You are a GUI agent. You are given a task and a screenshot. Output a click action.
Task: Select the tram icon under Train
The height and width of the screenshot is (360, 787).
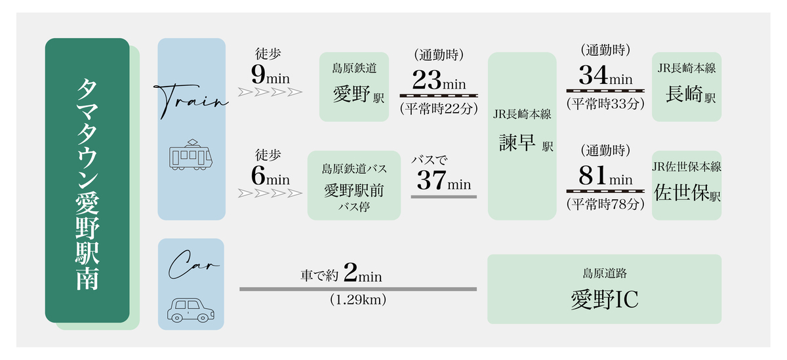click(192, 155)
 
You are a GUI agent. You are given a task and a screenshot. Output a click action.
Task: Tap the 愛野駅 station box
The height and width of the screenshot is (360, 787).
click(354, 87)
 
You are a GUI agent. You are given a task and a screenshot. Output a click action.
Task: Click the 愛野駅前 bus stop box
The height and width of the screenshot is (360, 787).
click(354, 186)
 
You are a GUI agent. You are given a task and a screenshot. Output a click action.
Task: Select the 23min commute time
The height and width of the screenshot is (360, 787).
click(439, 83)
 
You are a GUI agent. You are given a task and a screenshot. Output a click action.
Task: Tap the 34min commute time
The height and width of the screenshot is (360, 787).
click(605, 76)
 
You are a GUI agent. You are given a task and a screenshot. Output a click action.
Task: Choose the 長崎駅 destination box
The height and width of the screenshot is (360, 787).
click(686, 87)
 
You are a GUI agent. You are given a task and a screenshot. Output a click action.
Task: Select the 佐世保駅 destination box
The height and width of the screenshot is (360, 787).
click(686, 186)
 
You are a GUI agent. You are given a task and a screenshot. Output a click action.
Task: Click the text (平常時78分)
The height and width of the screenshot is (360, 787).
click(605, 204)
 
